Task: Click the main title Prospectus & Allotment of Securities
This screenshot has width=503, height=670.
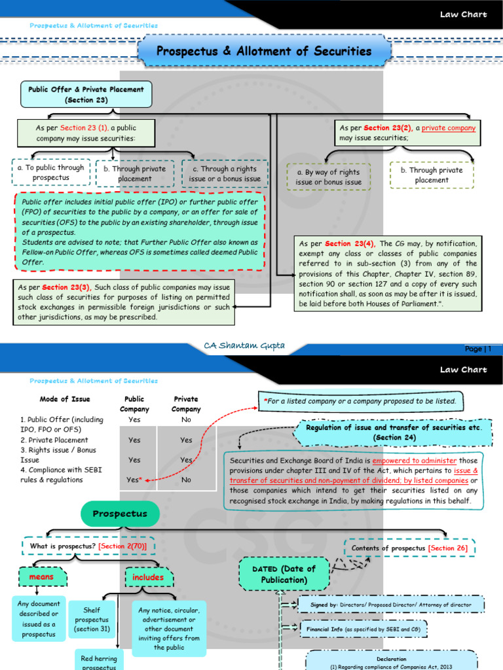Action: click(x=264, y=51)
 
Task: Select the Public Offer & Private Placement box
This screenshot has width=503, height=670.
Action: click(x=86, y=94)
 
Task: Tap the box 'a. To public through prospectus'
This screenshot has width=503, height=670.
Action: click(x=50, y=173)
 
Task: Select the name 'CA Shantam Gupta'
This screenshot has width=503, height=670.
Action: click(x=245, y=345)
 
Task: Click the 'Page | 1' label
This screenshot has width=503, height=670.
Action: click(x=477, y=349)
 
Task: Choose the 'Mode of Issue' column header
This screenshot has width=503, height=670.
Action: click(x=65, y=399)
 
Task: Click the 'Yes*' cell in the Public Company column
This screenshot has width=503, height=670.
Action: click(x=134, y=480)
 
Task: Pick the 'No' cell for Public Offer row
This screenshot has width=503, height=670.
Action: click(x=186, y=419)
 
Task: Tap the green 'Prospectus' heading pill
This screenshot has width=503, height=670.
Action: click(x=120, y=514)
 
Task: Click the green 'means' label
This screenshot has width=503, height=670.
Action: click(x=41, y=577)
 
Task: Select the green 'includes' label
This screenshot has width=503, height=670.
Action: click(x=148, y=578)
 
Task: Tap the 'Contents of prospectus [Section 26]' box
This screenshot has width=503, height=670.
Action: click(x=409, y=548)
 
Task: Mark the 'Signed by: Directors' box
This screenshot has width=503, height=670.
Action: click(x=391, y=605)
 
